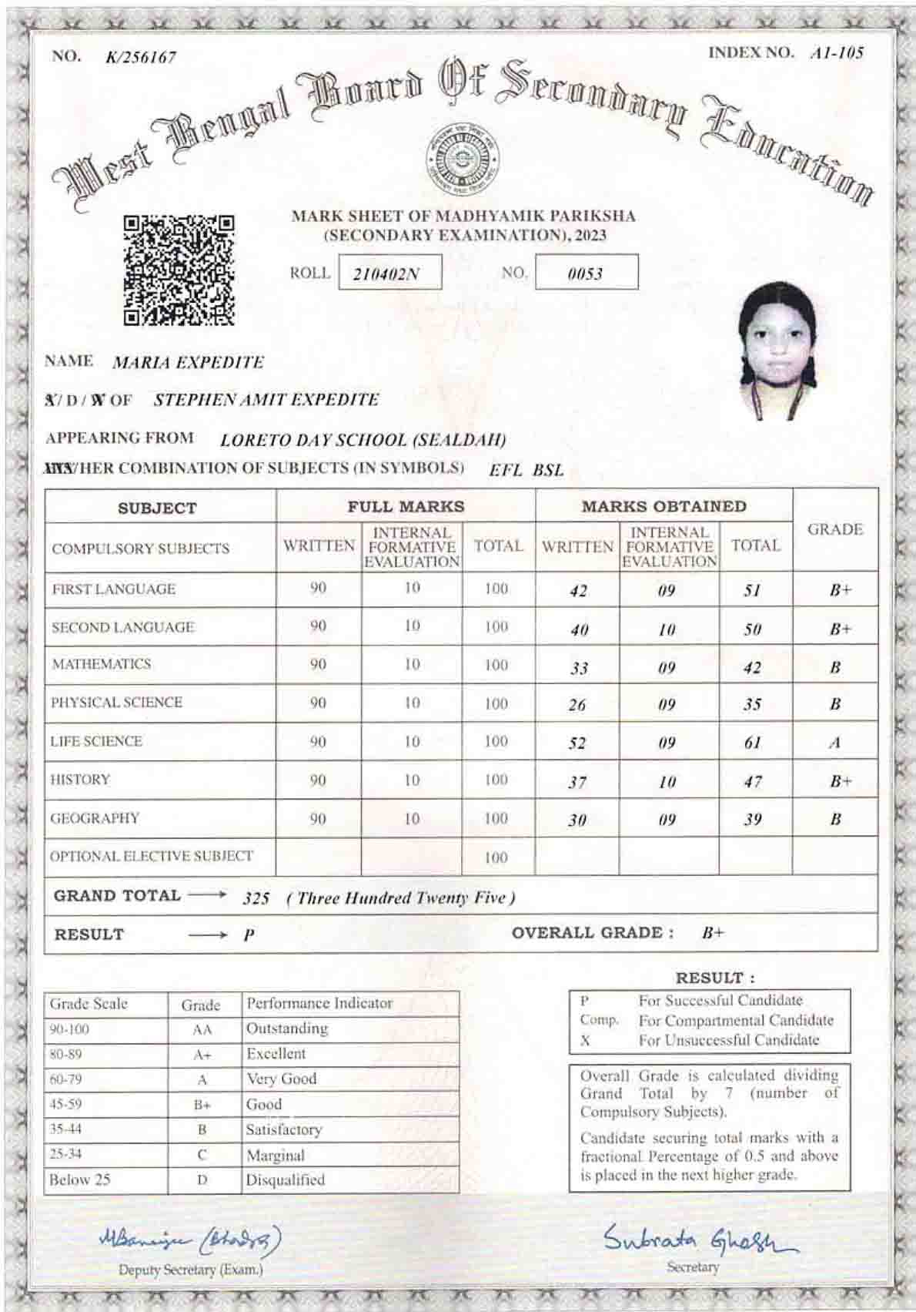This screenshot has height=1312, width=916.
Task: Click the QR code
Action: click(x=179, y=270)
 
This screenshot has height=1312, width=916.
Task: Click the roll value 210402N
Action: click(x=390, y=273)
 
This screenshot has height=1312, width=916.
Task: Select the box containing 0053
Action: click(x=586, y=273)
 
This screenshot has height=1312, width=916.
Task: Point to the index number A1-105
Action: click(x=837, y=53)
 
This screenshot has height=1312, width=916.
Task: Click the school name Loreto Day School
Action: click(x=363, y=440)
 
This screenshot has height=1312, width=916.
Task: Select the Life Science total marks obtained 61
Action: click(x=753, y=743)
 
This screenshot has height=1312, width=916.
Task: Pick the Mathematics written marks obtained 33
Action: click(x=579, y=668)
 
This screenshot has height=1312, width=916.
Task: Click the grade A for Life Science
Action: click(x=834, y=743)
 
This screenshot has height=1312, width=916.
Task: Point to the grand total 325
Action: click(x=256, y=898)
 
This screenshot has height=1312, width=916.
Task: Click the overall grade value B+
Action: click(x=713, y=933)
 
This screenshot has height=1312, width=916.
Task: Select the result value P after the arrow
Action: click(x=249, y=935)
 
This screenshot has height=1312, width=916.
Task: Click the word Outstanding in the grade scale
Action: click(x=287, y=1028)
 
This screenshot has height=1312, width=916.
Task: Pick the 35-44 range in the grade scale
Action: click(x=65, y=1129)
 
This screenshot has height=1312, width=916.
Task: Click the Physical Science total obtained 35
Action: click(x=753, y=704)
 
